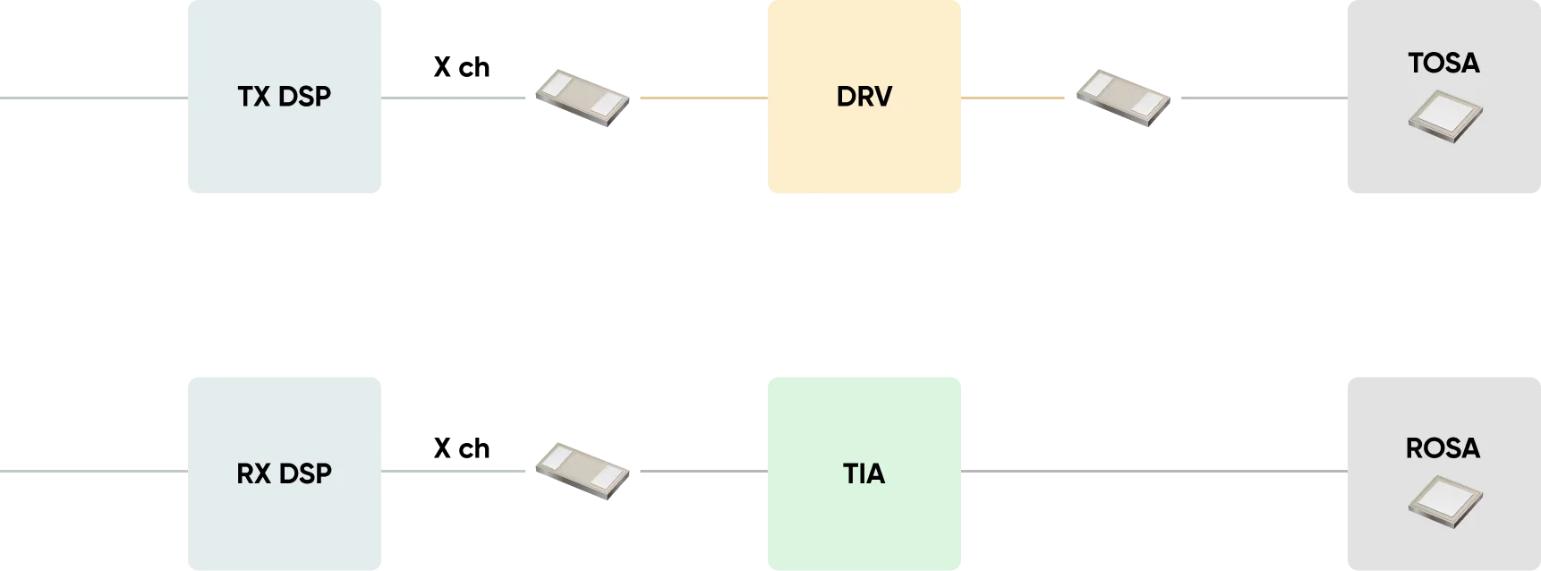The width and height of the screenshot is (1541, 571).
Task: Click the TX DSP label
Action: [285, 97]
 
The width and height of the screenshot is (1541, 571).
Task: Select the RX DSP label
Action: [285, 473]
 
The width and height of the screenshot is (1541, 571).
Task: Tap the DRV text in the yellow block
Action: [864, 97]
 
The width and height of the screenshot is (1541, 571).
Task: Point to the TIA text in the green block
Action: [864, 473]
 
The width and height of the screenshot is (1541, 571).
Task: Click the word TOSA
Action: [1443, 63]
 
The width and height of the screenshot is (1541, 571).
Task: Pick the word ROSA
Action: [1443, 447]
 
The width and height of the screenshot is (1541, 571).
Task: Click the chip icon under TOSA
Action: [1445, 117]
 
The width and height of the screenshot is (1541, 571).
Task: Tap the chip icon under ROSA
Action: [1445, 502]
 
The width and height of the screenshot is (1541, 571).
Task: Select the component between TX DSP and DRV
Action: [583, 98]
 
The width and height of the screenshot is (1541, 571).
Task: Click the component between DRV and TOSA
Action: [1123, 98]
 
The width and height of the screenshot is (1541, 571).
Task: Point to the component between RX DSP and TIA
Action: [583, 471]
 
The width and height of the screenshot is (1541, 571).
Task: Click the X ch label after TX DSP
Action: [462, 67]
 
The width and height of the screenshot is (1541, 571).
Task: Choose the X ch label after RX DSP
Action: [462, 448]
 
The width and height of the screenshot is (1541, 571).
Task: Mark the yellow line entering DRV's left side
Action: [704, 98]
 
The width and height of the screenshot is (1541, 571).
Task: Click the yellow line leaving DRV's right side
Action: [1013, 98]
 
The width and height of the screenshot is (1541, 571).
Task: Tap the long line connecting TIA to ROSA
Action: [1154, 471]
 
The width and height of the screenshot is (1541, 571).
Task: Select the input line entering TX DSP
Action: [94, 98]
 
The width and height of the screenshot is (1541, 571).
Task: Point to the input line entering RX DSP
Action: [94, 471]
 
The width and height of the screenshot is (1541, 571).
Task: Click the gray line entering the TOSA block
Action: [1264, 98]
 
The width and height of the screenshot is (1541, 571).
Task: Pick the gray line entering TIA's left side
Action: [704, 471]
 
